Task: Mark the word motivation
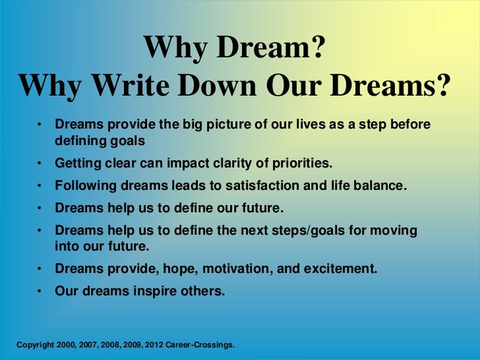235,269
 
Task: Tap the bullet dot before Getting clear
40,163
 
